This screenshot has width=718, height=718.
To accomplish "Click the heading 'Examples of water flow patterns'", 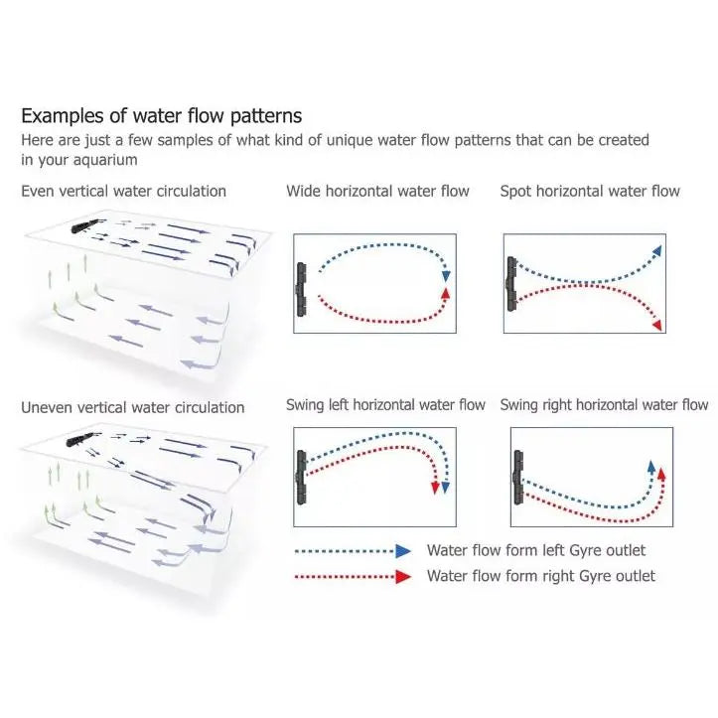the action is (162, 116).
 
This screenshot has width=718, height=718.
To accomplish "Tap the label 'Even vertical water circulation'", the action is (123, 191).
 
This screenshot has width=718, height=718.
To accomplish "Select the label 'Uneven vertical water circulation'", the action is (133, 407).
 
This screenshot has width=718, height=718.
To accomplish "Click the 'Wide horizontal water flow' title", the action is (377, 191).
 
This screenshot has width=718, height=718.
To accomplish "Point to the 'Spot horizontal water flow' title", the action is (590, 191).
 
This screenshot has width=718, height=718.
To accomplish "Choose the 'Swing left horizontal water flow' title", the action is (385, 405).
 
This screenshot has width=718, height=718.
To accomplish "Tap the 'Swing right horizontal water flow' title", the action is (604, 405).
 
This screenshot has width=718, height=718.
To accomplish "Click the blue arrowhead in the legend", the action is (403, 551).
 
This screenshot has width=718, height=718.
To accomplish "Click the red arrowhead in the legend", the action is (403, 577).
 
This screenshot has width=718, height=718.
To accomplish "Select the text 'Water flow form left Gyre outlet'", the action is (536, 550).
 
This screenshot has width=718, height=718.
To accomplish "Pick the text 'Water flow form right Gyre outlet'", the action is (541, 576).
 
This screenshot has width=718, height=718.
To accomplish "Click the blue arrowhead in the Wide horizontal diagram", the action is (446, 276).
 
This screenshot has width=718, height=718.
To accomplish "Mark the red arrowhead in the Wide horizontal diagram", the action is (446, 293).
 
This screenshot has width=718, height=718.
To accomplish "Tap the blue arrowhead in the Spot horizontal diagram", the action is (657, 250).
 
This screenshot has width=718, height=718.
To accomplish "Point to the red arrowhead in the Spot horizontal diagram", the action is (657, 325).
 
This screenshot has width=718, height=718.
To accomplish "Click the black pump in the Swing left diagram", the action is (301, 477).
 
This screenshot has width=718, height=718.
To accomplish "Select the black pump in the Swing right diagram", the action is (518, 477).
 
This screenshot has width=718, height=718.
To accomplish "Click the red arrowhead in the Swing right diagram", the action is (661, 474).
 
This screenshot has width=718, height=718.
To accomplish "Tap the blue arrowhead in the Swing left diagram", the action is (446, 488).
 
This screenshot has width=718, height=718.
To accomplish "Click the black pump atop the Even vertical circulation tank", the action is (84, 225).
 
